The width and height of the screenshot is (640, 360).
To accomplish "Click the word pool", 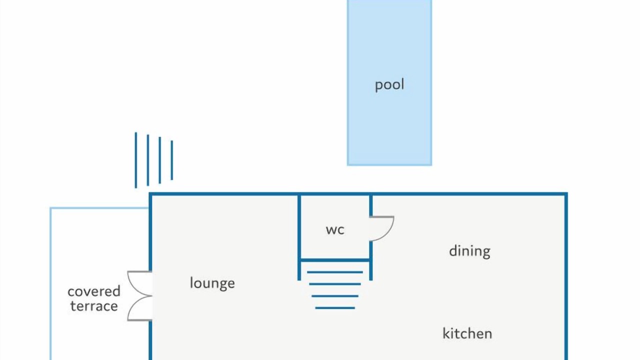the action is (389, 85).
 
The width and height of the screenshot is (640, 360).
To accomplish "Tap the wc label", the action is (335, 230).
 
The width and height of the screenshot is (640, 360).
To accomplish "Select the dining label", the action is (469, 251).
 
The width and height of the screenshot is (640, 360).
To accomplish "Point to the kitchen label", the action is (467, 333).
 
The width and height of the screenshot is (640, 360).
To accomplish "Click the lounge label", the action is (212, 283).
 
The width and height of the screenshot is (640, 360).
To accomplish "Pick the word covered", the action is (94, 291).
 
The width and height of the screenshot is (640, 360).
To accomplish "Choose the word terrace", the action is (94, 306).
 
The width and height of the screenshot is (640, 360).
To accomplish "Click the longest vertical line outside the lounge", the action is (135, 160).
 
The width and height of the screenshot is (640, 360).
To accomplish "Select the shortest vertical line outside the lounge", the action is (171, 160).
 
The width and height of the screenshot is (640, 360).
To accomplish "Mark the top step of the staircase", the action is (335, 272).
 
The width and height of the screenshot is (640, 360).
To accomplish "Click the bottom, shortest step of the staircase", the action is (335, 308).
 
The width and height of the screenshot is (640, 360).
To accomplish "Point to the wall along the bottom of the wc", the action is (335, 260).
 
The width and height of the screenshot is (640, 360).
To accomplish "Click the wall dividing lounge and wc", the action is (299, 237).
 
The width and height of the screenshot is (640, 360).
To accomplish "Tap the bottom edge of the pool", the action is (389, 164).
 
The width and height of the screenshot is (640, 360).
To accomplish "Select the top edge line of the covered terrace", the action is (99, 208).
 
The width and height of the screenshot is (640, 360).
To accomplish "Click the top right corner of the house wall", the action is (566, 194).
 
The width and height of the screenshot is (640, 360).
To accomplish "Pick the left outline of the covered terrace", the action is (51, 283).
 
